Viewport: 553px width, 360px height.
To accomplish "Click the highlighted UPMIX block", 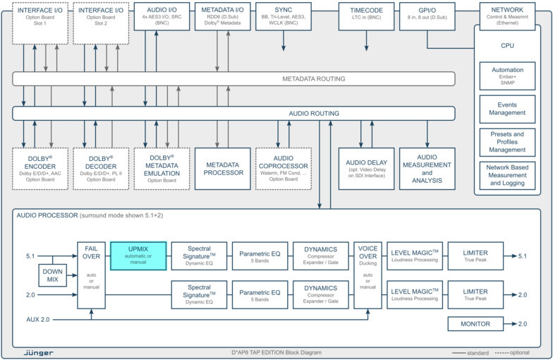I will [138, 256].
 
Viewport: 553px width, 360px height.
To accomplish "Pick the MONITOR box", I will [476, 324].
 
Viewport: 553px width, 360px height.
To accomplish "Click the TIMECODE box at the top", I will [367, 16].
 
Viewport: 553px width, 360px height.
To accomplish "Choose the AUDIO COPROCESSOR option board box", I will [283, 168].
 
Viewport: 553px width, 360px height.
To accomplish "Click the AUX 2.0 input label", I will [34, 319].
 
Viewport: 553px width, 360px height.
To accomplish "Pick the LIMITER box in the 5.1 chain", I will [476, 256].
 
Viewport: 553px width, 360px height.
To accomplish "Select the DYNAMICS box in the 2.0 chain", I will [321, 293].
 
